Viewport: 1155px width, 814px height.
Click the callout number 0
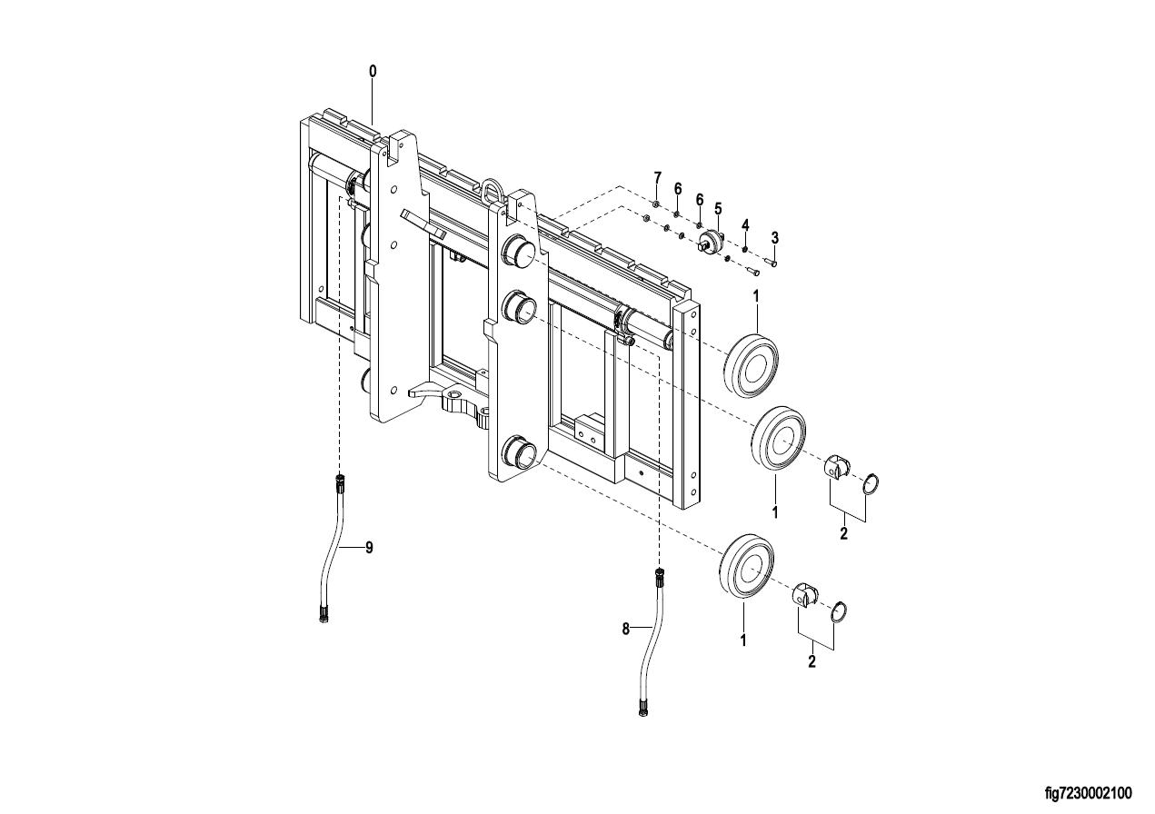point(373,72)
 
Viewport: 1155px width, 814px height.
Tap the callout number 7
point(657,178)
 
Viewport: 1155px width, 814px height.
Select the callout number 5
point(718,209)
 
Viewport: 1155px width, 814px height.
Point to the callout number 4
point(745,224)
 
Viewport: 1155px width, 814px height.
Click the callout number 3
point(775,238)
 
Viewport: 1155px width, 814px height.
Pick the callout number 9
point(369,548)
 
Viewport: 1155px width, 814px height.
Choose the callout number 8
point(625,629)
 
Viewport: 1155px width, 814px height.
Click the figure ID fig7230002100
point(1088,793)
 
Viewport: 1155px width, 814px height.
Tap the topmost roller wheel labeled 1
point(751,365)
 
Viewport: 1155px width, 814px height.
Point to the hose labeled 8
point(652,640)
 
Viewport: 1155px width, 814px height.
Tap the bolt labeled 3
point(772,263)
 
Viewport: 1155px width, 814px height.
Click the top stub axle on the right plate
point(519,251)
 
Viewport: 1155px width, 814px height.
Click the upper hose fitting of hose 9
point(340,483)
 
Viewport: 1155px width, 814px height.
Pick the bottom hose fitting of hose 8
point(642,709)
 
